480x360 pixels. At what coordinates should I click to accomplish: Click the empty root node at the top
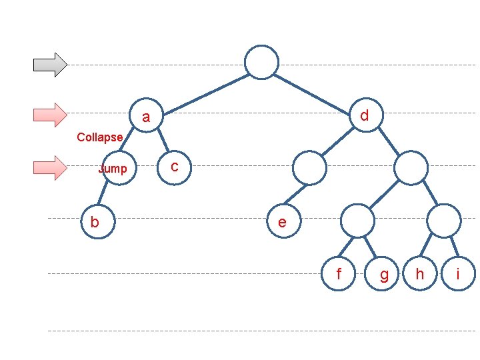[261, 61]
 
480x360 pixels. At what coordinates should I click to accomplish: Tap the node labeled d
[364, 115]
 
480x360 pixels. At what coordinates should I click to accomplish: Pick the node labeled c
[174, 166]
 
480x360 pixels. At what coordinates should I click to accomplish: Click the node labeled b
[95, 221]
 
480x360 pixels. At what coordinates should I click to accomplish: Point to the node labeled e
[282, 221]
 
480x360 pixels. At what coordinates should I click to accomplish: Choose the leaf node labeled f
[339, 273]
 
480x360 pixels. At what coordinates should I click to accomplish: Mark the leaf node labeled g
[383, 274]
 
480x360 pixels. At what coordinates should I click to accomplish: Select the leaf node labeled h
[420, 273]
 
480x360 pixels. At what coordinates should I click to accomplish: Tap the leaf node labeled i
[458, 273]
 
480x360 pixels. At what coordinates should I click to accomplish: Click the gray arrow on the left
[51, 64]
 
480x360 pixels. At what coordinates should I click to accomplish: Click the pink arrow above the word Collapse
[51, 115]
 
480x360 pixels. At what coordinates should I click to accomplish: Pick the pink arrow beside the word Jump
[51, 167]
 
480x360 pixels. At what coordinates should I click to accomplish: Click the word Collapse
[100, 137]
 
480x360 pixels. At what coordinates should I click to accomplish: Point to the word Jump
[113, 169]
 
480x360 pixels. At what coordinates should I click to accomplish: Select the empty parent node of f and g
[358, 221]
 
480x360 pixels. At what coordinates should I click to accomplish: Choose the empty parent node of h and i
[443, 221]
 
